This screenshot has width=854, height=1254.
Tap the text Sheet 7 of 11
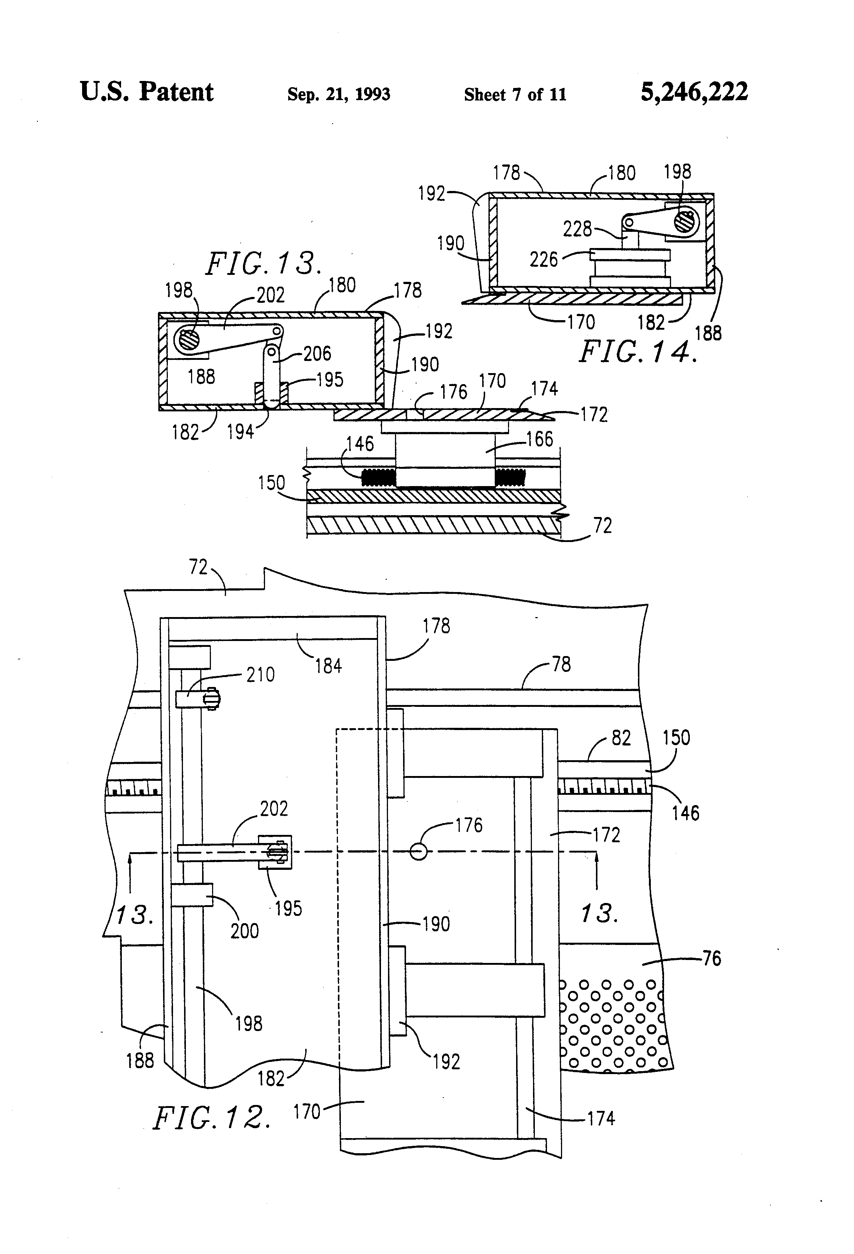pos(515,95)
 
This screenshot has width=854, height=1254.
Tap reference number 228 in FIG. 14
pos(577,229)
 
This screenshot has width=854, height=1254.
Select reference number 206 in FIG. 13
pos(317,354)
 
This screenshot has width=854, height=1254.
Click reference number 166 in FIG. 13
pos(540,439)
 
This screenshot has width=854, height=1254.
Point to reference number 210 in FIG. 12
pos(260,674)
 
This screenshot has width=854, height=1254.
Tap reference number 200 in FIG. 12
pos(244,931)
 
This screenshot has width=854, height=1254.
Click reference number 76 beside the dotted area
pos(712,958)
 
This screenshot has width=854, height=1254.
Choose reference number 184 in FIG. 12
pos(328,666)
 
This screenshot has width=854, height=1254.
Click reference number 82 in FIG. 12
pos(621,738)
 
